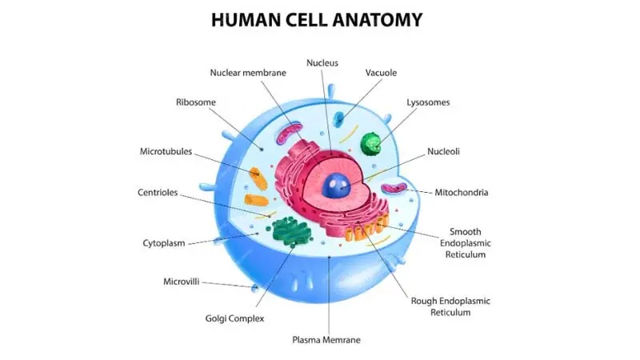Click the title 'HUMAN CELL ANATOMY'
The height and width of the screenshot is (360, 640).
(x=317, y=19)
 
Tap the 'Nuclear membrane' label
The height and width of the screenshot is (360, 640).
(x=248, y=73)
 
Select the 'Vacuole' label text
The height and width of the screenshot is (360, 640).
(x=381, y=73)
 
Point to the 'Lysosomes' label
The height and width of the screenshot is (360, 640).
(x=428, y=102)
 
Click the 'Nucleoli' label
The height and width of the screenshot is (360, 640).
(x=443, y=151)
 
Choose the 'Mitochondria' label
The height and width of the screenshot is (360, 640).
(x=462, y=192)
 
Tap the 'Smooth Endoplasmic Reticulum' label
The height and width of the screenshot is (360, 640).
(x=466, y=243)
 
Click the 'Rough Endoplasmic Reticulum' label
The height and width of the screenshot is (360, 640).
(x=450, y=306)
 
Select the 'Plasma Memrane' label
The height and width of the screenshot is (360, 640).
(x=326, y=339)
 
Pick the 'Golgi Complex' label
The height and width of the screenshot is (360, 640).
(x=234, y=318)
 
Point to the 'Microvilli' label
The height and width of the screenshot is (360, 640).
(x=182, y=282)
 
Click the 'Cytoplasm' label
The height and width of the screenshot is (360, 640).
(x=164, y=243)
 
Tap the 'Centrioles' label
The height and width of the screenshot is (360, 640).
(x=158, y=192)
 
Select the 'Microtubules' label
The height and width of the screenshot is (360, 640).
(x=166, y=151)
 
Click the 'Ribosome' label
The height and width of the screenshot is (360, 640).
(x=195, y=102)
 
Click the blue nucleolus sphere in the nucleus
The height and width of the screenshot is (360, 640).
(x=336, y=186)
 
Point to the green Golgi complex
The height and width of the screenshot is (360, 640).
(x=291, y=231)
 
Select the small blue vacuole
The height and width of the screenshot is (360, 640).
(x=338, y=118)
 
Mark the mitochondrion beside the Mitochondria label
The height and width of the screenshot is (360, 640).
(x=394, y=188)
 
